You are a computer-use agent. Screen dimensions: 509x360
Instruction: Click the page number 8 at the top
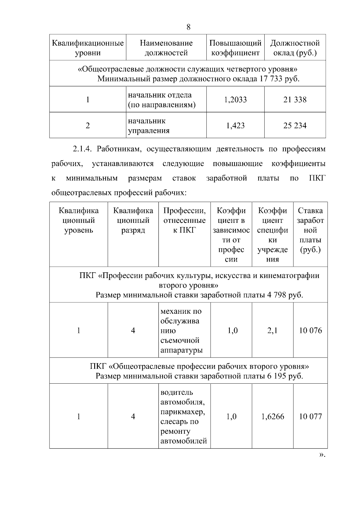click(x=188, y=27)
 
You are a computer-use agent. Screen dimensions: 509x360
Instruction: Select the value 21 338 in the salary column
click(x=295, y=100)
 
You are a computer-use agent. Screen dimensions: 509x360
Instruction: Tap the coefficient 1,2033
click(x=235, y=100)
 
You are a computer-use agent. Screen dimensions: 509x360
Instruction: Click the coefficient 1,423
click(x=235, y=125)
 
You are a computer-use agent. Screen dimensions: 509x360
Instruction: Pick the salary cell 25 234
click(x=295, y=125)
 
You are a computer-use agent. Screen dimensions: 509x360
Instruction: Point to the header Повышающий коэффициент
click(x=235, y=48)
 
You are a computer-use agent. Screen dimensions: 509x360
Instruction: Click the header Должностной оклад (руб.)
click(x=295, y=48)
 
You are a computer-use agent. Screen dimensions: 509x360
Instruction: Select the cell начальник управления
click(x=149, y=126)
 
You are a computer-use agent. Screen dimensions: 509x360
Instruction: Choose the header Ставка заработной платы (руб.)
click(x=310, y=230)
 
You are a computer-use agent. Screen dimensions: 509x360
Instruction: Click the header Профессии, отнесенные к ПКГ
click(x=184, y=220)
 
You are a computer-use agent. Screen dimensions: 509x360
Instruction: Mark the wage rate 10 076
click(x=310, y=331)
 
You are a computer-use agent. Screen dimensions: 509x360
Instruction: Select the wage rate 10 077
click(x=310, y=416)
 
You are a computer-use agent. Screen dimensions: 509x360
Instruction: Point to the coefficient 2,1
click(x=272, y=331)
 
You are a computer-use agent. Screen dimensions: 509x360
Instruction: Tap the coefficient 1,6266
click(x=272, y=416)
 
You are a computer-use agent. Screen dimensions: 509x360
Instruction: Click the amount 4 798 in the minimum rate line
click(x=276, y=295)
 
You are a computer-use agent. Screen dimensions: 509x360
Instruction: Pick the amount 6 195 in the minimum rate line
click(x=276, y=376)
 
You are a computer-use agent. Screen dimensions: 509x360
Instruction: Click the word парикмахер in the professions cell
click(x=183, y=412)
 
